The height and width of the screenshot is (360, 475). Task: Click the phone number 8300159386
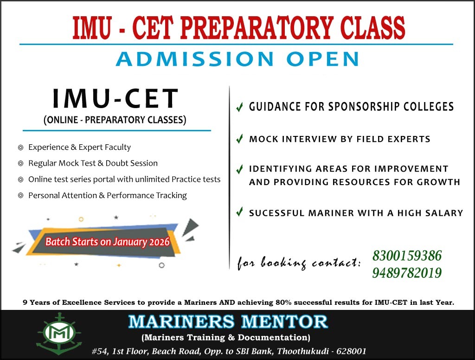point(407,256)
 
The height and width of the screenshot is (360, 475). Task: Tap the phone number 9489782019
point(407,273)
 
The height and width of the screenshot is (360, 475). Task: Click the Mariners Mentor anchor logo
point(59,334)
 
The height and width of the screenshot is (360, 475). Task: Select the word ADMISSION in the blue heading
point(195,59)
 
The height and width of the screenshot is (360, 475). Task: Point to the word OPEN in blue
point(323,59)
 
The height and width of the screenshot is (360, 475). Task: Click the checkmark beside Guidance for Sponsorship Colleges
point(240,107)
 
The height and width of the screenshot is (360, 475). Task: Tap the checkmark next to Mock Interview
point(240,139)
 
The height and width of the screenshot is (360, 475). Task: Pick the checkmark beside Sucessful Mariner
point(240,212)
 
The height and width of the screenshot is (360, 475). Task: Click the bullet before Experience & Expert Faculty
point(20,148)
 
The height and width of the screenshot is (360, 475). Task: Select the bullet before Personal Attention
point(20,195)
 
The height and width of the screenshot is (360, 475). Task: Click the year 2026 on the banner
point(160,242)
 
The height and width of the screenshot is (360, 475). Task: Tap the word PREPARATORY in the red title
point(257,27)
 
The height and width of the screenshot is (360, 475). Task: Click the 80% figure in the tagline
point(283,302)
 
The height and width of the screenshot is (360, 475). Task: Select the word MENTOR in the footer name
point(284,321)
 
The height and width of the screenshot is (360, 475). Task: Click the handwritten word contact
point(336,262)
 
